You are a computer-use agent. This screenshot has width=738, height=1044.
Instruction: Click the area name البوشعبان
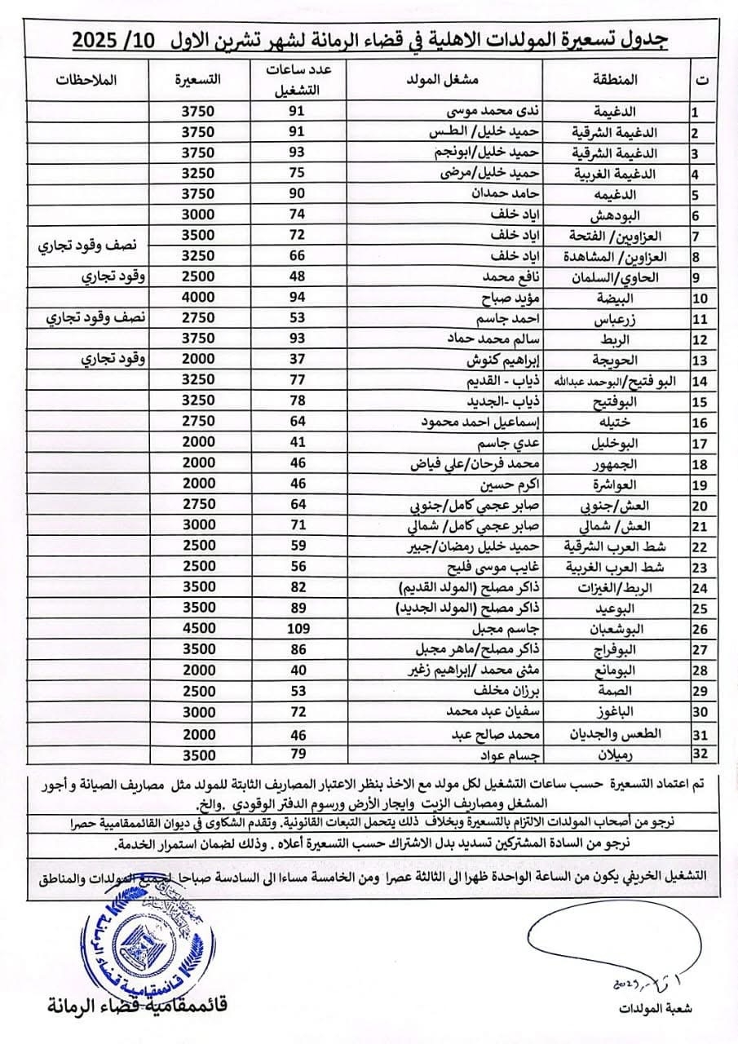point(628,630)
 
